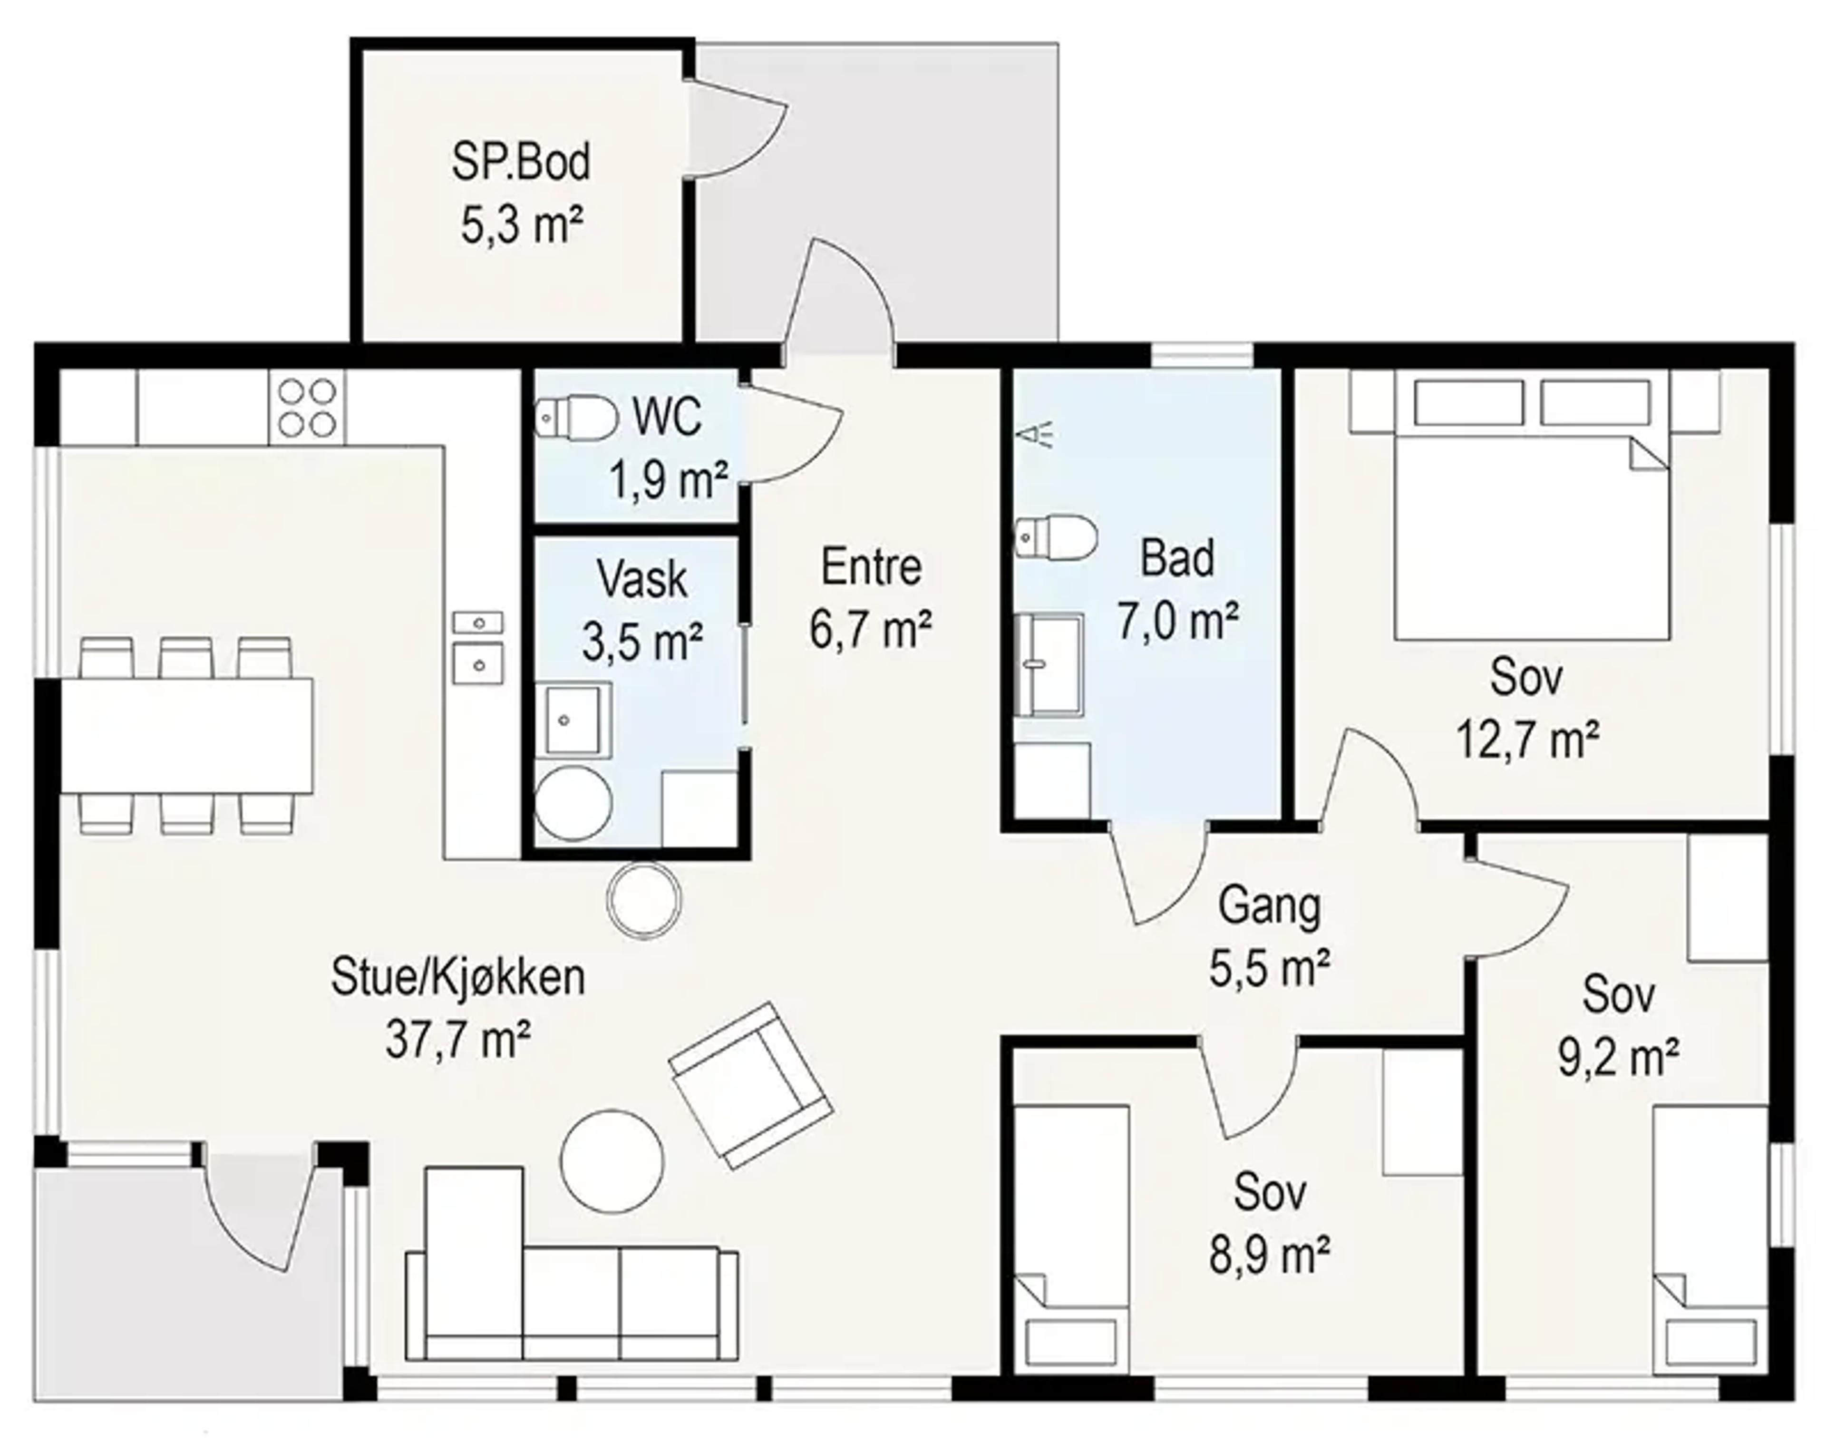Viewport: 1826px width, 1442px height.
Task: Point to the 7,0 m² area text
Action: tap(1178, 622)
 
